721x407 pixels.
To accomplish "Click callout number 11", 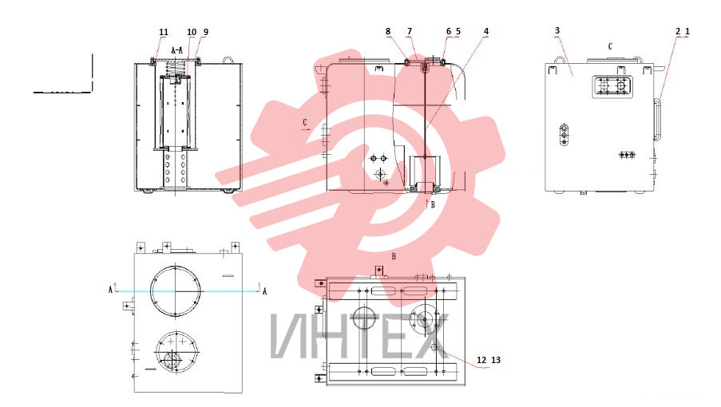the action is (x=164, y=32).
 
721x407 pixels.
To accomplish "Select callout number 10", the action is (x=192, y=32).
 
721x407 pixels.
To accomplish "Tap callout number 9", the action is (x=205, y=32).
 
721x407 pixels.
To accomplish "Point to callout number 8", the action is (x=388, y=31).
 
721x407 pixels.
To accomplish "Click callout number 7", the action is (x=410, y=31).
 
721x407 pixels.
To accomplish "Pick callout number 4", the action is (x=486, y=31).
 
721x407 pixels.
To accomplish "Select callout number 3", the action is (x=557, y=30).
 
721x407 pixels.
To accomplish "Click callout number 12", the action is (x=481, y=360).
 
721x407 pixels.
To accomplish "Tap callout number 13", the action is (x=496, y=360).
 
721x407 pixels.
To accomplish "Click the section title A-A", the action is (x=177, y=50).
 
